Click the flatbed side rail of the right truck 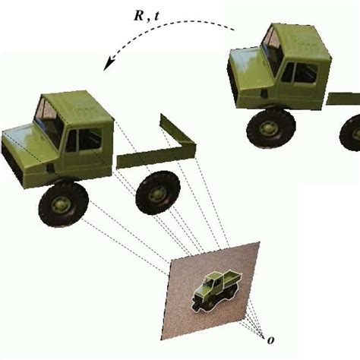pos(343,98)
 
